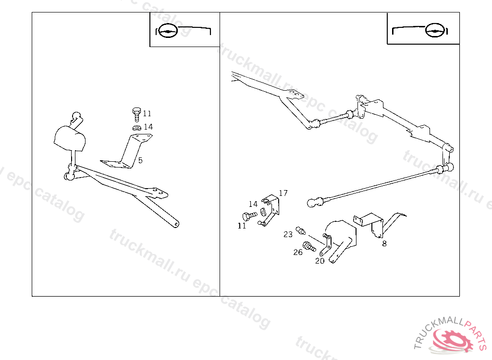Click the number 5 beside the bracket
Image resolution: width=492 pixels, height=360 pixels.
[140, 160]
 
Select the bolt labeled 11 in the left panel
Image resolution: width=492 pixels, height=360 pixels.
[136, 114]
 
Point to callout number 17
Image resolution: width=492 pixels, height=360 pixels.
[283, 193]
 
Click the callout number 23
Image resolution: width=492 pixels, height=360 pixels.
[288, 234]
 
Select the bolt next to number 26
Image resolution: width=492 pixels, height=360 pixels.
[308, 247]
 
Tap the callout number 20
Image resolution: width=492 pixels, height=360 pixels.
[320, 261]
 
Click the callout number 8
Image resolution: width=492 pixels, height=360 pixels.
[384, 243]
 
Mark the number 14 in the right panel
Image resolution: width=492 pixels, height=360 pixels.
[253, 204]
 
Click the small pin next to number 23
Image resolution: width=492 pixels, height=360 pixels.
[300, 230]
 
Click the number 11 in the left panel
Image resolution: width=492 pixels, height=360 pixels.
[147, 114]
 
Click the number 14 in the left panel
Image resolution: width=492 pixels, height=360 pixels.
[148, 127]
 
